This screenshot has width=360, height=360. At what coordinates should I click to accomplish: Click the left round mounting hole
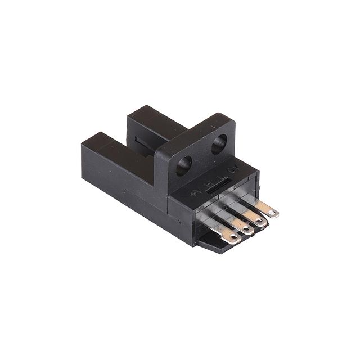click(184, 165)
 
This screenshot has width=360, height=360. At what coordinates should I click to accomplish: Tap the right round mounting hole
click(220, 144)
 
